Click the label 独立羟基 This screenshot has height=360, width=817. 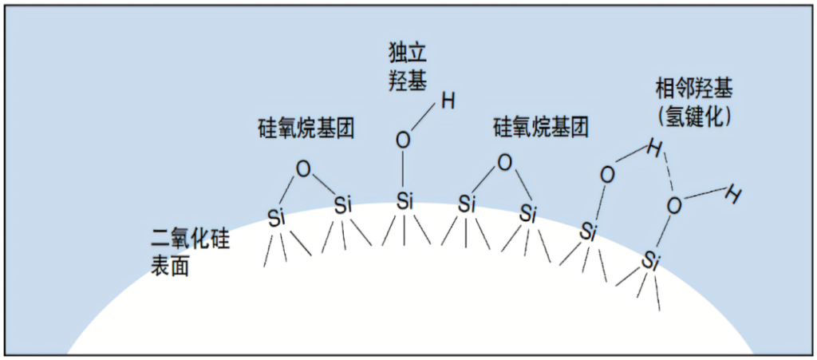click(x=407, y=67)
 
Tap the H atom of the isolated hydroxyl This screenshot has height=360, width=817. click(x=448, y=101)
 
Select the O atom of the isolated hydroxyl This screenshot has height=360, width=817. click(x=404, y=140)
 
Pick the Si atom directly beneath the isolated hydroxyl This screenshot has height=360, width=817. click(x=405, y=200)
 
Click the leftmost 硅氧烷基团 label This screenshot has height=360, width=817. click(x=306, y=127)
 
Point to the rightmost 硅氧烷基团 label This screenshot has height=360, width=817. click(x=541, y=127)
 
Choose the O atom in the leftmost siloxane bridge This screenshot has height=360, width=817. click(x=302, y=169)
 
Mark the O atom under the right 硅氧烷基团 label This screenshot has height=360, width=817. click(x=504, y=163)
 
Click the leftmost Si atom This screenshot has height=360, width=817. click(x=276, y=217)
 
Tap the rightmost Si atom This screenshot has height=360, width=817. click(x=651, y=259)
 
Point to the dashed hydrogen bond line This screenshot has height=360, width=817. click(x=666, y=171)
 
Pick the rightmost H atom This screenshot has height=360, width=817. click(x=734, y=193)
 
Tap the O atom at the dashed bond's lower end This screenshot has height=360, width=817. click(x=674, y=205)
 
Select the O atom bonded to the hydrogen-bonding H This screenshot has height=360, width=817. click(x=607, y=174)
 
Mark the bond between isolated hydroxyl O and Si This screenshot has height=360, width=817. click(x=404, y=171)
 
